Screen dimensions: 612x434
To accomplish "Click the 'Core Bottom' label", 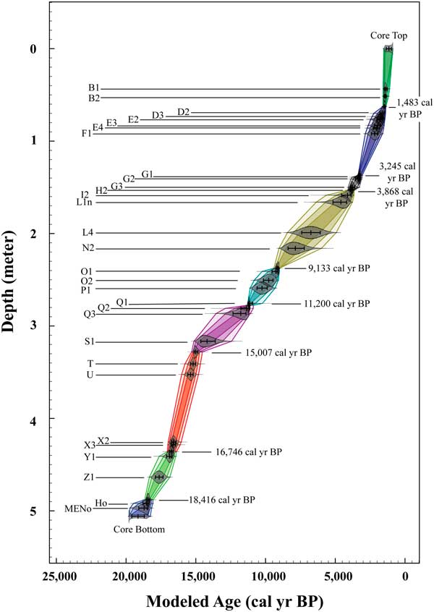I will point(139,530).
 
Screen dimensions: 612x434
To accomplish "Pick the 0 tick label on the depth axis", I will point(33,49).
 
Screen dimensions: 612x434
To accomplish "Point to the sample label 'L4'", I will point(88,233).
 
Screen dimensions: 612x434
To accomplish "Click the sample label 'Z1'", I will point(88,477).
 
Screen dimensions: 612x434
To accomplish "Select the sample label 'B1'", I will point(94,88).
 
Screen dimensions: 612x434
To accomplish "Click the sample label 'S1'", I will point(89,341).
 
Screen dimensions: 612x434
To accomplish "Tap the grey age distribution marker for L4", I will point(311,232).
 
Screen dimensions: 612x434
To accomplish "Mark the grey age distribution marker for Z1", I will point(159,477).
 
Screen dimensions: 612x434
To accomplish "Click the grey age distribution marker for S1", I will point(208,341).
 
